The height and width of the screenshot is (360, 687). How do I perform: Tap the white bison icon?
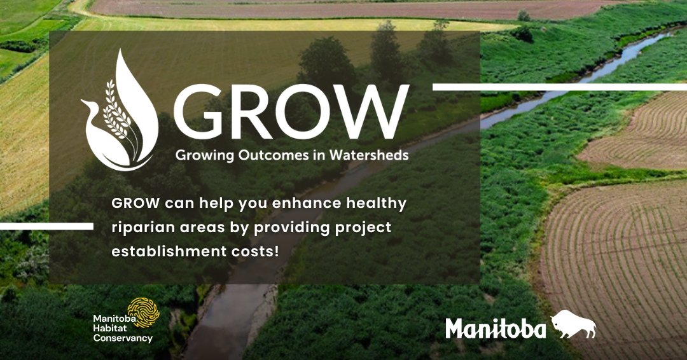pos(573,325)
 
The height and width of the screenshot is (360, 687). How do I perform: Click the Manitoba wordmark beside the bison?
pos(496,329)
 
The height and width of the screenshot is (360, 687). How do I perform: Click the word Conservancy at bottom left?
pos(123,338)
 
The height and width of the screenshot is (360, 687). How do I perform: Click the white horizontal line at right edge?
pos(559,87)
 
